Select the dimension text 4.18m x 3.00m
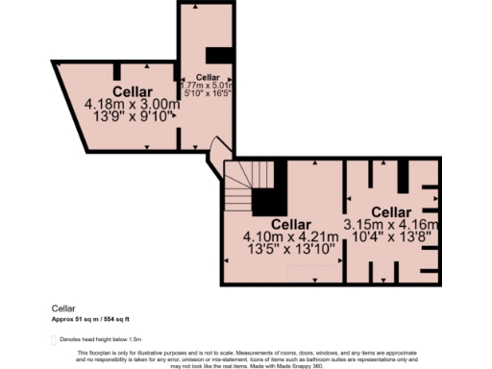click(133, 104)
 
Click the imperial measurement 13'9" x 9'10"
click(133, 117)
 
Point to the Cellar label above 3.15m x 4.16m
click(391, 211)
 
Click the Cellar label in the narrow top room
click(208, 76)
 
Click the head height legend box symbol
click(53, 339)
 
